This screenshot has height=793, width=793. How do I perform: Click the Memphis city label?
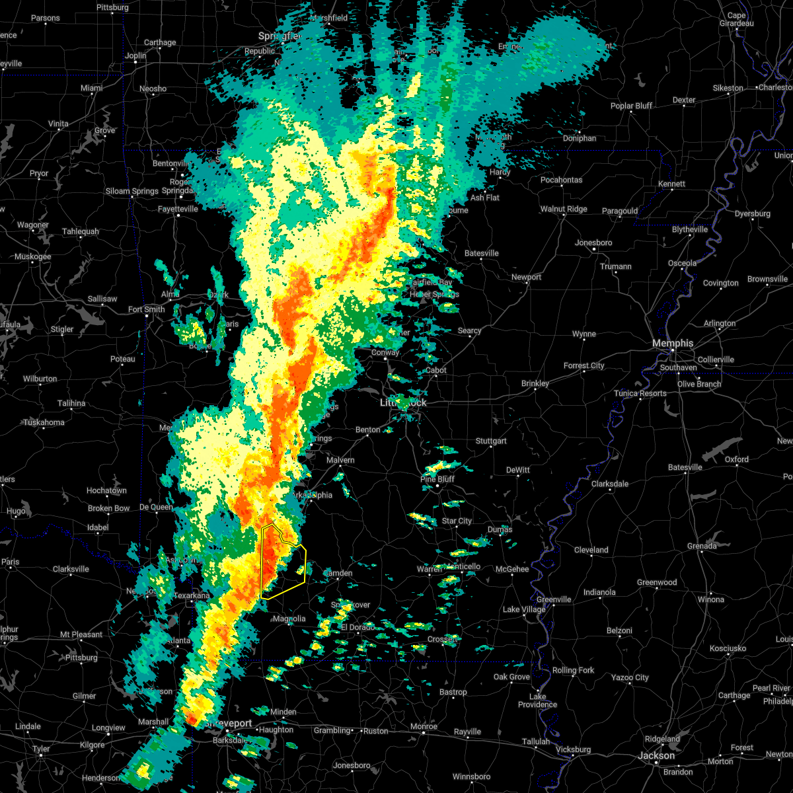point(673,343)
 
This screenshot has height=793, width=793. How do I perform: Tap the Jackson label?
point(657,755)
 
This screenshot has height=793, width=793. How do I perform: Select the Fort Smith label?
point(147,309)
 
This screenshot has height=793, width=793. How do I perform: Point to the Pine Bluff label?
point(437,479)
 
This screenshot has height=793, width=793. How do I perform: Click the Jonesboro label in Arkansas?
point(593,243)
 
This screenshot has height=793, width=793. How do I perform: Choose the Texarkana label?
point(192,595)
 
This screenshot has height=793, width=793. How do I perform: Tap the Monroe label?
point(424,726)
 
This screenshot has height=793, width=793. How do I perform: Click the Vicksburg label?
point(573,749)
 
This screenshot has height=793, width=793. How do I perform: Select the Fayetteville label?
point(178,209)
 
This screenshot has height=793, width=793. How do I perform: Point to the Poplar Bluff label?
point(631,106)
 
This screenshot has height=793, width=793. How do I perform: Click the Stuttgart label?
point(491,441)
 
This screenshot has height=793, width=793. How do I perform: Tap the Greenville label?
point(554,599)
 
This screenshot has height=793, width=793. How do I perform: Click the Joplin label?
point(135,56)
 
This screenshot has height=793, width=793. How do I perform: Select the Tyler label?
point(41,749)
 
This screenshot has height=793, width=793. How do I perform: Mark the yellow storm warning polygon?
point(283,562)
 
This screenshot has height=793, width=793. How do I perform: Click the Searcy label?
point(470,330)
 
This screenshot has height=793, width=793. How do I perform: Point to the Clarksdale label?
point(610,484)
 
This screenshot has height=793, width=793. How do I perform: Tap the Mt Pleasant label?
point(81,634)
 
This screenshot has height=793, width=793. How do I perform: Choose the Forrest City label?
point(584,365)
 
